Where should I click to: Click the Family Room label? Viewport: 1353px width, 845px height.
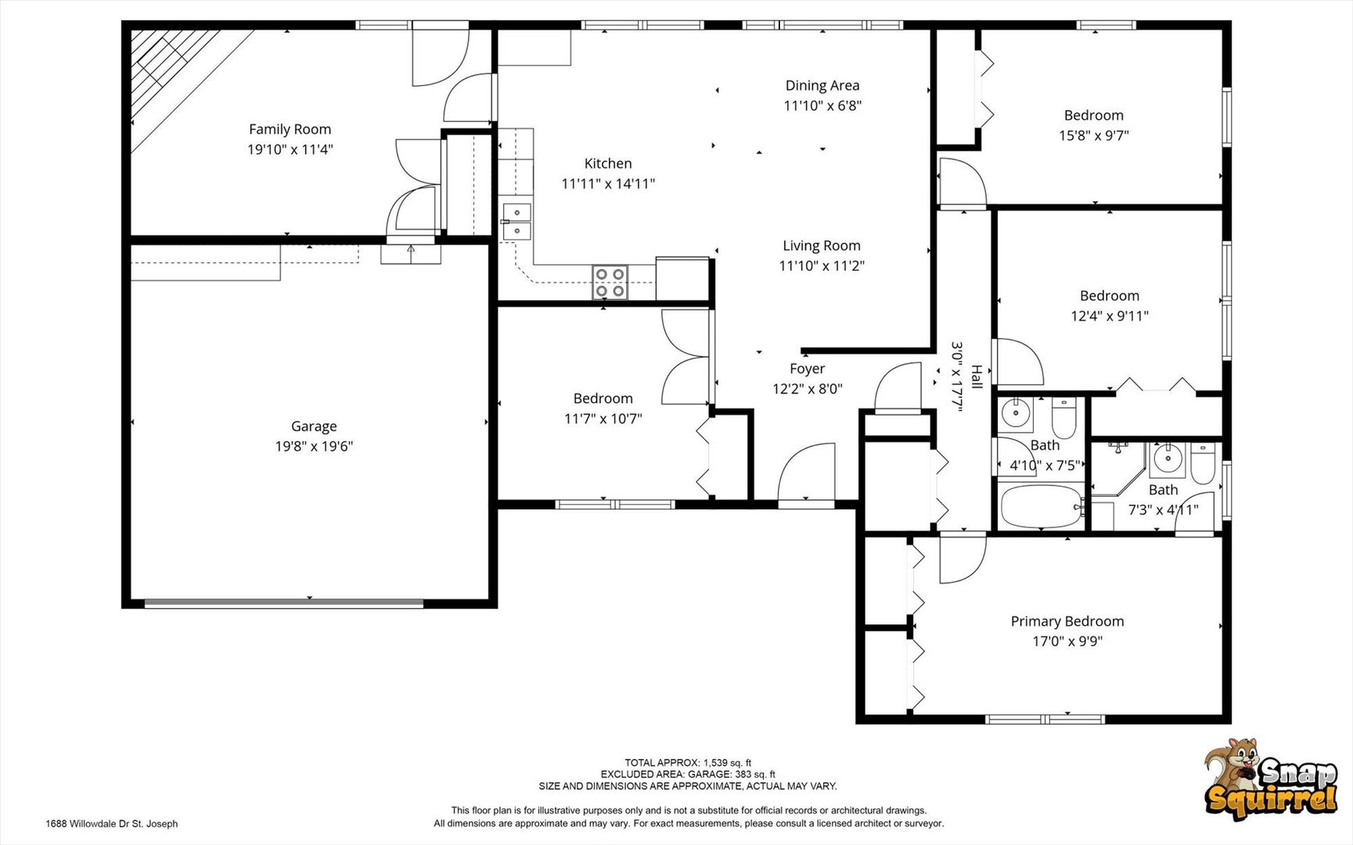290,129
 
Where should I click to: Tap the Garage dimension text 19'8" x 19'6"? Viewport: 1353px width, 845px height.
314,446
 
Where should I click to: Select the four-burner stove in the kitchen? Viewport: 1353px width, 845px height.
610,282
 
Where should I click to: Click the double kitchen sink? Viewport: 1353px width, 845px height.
516,221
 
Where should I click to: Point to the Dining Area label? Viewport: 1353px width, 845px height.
822,85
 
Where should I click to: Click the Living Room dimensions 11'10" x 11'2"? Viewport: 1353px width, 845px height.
822,266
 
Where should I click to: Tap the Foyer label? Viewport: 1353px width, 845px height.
807,369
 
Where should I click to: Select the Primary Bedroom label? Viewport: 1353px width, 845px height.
1067,621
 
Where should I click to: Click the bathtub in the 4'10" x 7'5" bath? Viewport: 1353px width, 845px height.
1042,507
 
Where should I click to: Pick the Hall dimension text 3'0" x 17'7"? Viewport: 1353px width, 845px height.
956,374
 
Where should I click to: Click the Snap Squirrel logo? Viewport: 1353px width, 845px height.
1271,779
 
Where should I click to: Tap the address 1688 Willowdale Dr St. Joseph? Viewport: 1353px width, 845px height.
112,824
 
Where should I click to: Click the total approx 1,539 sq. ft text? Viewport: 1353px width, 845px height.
688,763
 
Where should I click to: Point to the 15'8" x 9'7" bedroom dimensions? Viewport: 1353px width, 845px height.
1094,135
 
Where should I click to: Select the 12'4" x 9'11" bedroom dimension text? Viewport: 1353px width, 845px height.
1110,316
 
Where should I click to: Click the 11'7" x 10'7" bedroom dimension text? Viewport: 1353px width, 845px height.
603,419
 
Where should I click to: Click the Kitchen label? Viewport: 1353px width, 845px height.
608,164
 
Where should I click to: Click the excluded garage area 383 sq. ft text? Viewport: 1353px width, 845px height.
688,775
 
